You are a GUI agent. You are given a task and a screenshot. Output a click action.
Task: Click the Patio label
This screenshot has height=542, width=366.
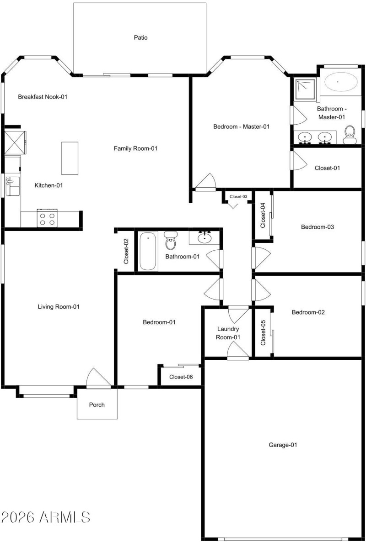(x=141, y=38)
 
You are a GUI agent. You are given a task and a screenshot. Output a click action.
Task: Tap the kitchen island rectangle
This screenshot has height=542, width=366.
(x=70, y=158)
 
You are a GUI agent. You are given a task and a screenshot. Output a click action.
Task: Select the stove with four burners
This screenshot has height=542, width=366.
(x=47, y=218)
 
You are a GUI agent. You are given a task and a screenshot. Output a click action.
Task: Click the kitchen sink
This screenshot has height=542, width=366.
(x=12, y=187)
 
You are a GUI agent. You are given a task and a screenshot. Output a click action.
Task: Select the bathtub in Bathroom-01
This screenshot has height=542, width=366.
(x=148, y=251)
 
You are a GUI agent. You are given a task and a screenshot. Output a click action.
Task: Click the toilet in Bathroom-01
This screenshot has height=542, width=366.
(x=171, y=240)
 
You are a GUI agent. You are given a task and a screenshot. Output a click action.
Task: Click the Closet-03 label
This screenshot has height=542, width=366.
(x=238, y=196)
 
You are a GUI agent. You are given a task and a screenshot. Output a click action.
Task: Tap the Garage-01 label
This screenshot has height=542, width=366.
(x=282, y=444)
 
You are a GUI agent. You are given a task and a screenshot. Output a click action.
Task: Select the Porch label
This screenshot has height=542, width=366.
(x=97, y=405)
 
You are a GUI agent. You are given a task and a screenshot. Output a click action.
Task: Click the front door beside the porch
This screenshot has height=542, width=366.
(x=98, y=379)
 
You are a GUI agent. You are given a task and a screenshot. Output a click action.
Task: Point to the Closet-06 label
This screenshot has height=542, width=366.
(x=181, y=377)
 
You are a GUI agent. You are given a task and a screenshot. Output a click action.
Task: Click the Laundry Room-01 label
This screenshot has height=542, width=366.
(x=228, y=333)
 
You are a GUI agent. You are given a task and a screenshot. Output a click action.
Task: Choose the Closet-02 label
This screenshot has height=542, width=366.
(x=126, y=252)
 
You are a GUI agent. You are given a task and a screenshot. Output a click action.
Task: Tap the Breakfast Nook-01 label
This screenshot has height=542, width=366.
(x=43, y=97)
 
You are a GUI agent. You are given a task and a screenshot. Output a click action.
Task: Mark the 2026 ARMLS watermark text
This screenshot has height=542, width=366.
(x=45, y=517)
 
